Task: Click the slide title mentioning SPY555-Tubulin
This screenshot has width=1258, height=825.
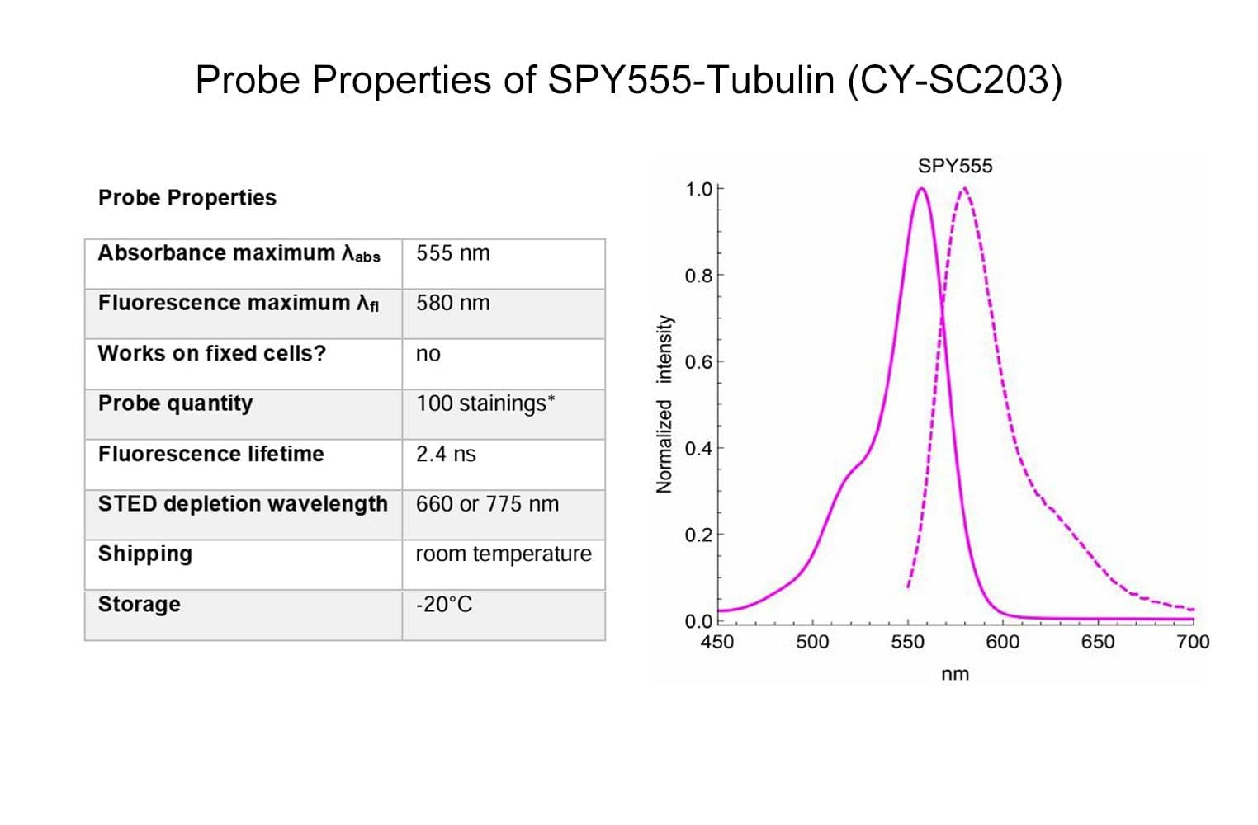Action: [x=628, y=81]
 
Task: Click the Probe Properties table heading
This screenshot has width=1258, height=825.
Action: [x=187, y=198]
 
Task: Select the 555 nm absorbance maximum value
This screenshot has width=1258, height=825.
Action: [x=452, y=253]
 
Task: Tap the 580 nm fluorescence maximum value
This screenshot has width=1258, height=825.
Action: [x=452, y=304]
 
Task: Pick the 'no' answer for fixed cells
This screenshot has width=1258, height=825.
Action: [x=428, y=354]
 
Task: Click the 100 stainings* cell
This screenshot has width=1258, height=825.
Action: [x=485, y=403]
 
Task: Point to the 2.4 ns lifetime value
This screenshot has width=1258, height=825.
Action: [x=446, y=454]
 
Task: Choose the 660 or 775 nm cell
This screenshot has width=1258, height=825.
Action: [x=487, y=504]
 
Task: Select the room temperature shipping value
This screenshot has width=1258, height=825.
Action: [x=503, y=554]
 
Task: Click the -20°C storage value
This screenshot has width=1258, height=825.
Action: [x=443, y=605]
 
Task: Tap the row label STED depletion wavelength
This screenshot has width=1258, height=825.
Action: [x=243, y=504]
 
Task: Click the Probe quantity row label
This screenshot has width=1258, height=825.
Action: [x=175, y=403]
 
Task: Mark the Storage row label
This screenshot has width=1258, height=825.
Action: [x=139, y=605]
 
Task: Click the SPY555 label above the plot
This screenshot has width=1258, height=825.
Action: [x=955, y=166]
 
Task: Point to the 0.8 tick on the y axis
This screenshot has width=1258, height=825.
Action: [x=698, y=276]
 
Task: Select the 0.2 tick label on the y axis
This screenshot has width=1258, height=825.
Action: [x=698, y=535]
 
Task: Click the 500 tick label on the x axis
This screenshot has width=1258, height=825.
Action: [x=812, y=642]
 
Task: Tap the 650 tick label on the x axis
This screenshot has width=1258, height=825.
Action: [x=1097, y=642]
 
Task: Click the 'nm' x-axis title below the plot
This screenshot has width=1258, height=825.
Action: [x=955, y=674]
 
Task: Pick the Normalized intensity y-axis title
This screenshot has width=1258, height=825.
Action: [x=664, y=404]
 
